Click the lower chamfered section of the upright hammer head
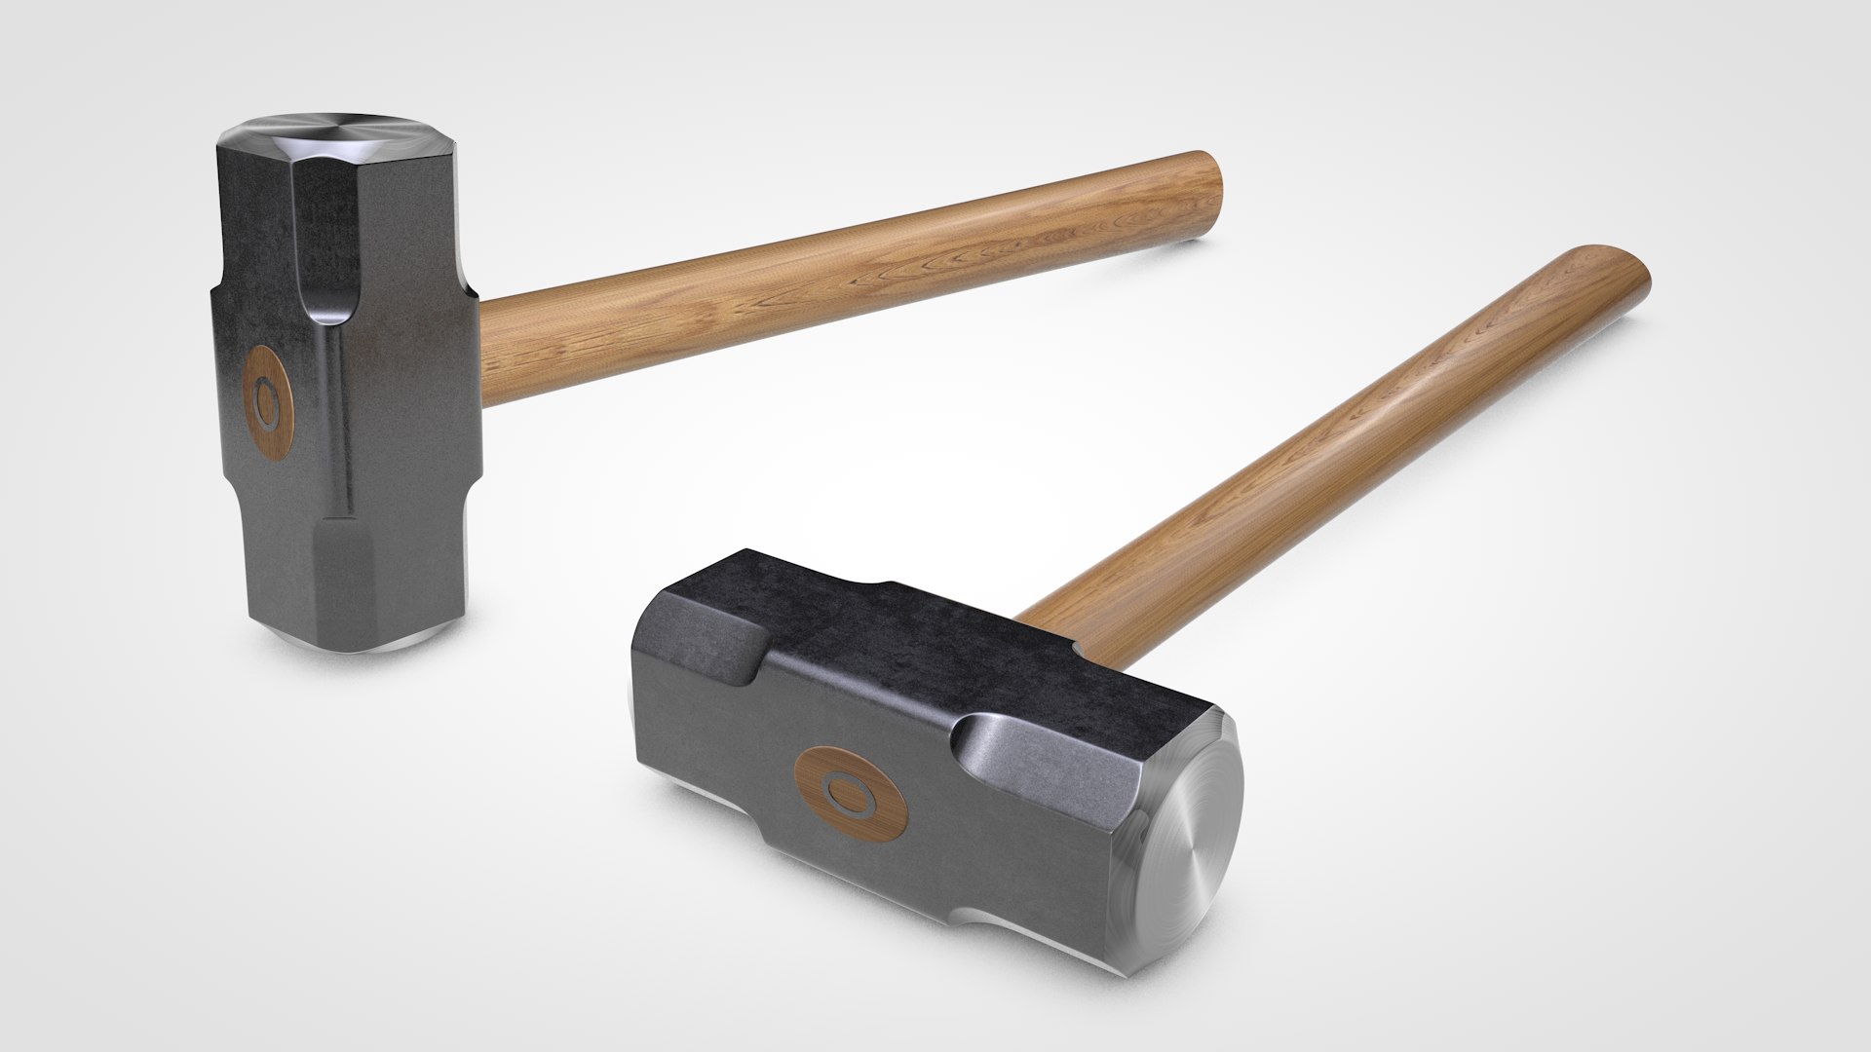[390, 575]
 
